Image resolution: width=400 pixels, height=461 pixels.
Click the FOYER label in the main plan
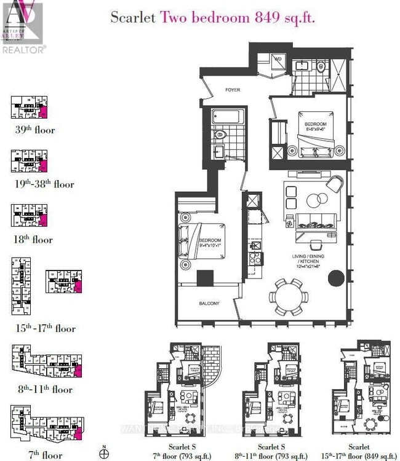tap(232, 90)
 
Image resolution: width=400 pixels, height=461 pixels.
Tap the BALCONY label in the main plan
tap(209, 303)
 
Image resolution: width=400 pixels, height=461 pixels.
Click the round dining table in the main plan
tap(288, 296)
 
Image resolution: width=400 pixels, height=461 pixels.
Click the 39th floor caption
tap(35, 130)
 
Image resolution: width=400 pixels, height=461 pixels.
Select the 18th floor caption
tap(34, 239)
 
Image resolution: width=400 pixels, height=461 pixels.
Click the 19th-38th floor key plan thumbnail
tap(29, 162)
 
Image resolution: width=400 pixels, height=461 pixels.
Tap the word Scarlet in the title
tap(134, 17)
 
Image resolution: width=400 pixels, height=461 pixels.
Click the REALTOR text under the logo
tap(23, 49)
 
